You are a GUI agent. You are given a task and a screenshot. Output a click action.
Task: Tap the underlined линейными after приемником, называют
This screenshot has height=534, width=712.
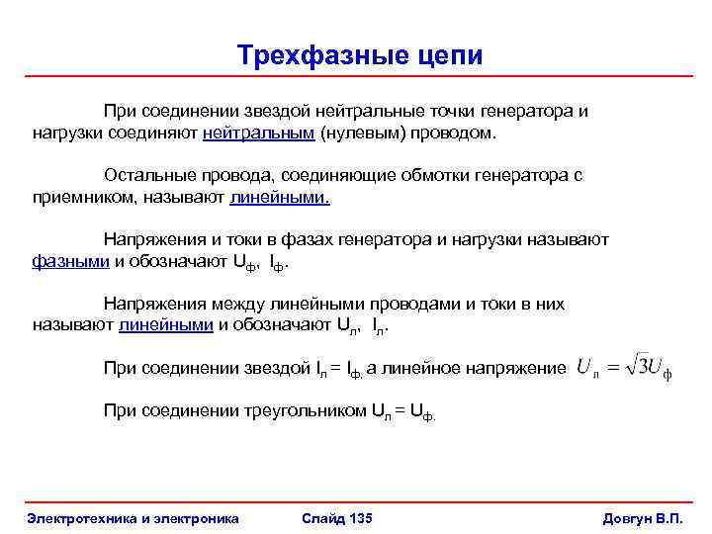tap(280, 197)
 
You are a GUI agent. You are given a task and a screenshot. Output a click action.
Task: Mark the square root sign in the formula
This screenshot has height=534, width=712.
tap(631, 366)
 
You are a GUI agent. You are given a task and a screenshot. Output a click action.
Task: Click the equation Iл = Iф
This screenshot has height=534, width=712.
tap(339, 369)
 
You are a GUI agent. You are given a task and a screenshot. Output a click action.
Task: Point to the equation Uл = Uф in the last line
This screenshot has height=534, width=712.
tap(402, 412)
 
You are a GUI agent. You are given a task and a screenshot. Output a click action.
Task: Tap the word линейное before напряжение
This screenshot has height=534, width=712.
tap(428, 368)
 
